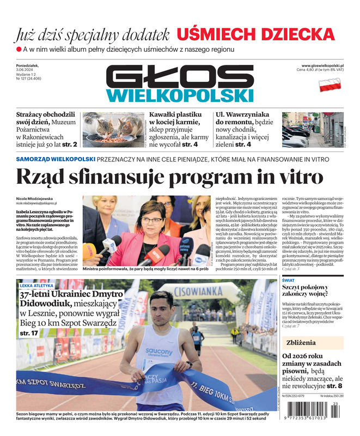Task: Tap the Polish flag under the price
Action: point(329,84)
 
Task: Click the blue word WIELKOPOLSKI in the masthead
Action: point(180,95)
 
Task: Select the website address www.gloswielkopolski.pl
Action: point(322,65)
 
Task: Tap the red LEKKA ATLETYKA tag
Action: point(37,285)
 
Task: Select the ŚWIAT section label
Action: point(289,281)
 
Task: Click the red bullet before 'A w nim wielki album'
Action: point(19,50)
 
